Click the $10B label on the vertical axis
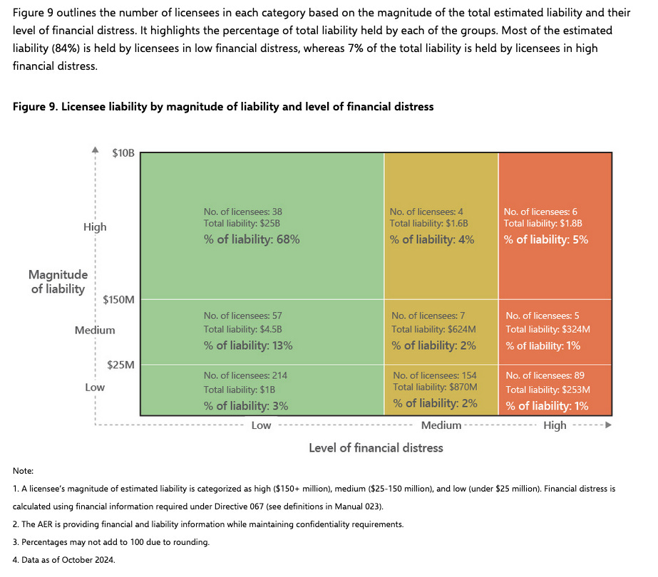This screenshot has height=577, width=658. pos(123,152)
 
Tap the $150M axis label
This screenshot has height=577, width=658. pos(118,299)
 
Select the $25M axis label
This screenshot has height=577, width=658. pos(120,365)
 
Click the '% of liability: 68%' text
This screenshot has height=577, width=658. pos(252,239)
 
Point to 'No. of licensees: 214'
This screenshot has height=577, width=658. pos(245,375)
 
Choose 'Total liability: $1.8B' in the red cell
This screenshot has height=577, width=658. pos(543,224)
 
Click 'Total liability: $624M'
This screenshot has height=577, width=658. pos(434,329)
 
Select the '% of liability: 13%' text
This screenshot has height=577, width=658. pos(248,345)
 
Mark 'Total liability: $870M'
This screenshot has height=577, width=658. pos(435,388)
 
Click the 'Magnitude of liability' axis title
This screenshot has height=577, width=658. pos(58,281)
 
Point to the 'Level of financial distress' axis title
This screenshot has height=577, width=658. pos(376,447)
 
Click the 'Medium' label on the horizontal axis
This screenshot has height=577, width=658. pos(441,425)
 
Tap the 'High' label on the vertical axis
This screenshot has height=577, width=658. pos(95,227)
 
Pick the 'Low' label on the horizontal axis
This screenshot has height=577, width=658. pos(261,425)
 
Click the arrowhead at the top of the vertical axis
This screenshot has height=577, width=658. pos(95,150)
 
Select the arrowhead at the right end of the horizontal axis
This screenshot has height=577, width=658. pos(607,425)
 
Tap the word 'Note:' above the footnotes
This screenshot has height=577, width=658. pos(23,471)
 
